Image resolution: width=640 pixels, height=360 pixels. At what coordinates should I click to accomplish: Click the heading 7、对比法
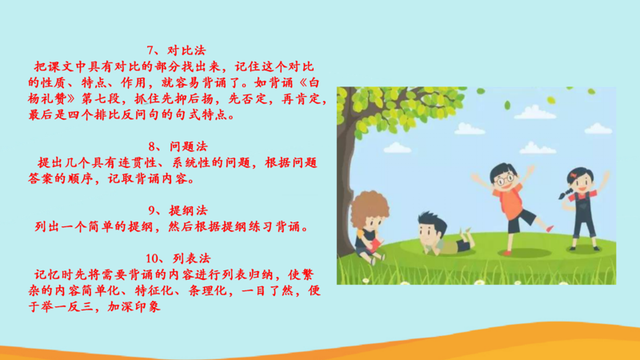[176, 50]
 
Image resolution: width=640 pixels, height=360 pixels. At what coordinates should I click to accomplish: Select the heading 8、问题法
[178, 146]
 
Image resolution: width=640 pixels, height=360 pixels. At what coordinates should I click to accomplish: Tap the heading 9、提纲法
[178, 210]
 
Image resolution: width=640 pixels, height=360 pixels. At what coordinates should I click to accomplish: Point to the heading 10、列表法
[178, 258]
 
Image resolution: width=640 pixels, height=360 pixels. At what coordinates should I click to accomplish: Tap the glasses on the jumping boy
[506, 178]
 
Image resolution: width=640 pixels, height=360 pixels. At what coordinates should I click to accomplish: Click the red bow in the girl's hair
[574, 175]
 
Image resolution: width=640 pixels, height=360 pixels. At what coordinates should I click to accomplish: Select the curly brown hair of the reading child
[370, 208]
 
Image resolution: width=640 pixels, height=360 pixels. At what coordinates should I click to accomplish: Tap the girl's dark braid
[566, 193]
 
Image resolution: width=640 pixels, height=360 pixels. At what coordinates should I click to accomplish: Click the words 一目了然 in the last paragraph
[268, 291]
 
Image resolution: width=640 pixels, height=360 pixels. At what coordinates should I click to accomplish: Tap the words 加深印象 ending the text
[134, 307]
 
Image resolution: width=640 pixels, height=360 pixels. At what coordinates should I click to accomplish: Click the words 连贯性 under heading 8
[138, 163]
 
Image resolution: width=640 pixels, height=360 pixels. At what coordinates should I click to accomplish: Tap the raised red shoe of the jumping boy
[550, 229]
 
